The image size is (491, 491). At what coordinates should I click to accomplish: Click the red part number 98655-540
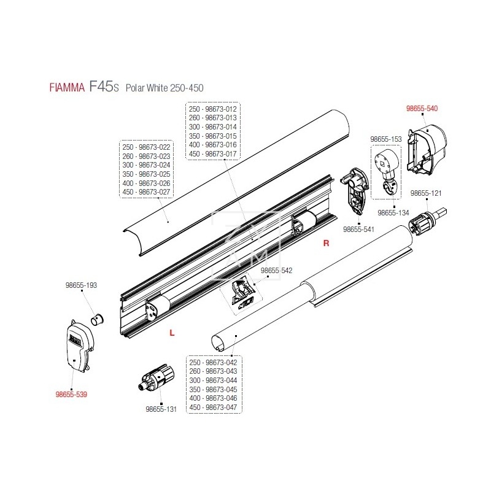click(x=422, y=108)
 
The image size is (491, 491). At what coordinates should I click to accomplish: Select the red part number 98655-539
click(x=71, y=394)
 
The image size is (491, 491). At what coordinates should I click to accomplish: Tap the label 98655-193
click(x=82, y=285)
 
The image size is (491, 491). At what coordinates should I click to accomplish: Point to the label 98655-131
click(x=161, y=409)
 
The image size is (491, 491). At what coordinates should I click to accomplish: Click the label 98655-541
click(x=359, y=230)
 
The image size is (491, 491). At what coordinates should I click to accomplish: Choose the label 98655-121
click(x=427, y=193)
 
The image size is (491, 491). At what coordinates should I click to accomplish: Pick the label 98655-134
click(x=393, y=212)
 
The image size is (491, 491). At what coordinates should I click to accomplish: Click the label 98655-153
click(x=386, y=139)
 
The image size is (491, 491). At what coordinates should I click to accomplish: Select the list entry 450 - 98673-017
click(x=213, y=153)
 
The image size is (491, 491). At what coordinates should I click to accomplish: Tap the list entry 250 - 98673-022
click(x=147, y=147)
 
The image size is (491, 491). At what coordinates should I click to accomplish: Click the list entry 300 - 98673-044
click(x=213, y=380)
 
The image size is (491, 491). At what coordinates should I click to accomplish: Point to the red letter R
click(x=327, y=244)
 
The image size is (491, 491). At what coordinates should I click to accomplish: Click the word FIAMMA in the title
click(x=66, y=87)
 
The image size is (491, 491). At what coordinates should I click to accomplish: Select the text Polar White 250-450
click(x=164, y=88)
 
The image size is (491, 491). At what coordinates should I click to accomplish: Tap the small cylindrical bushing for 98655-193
click(x=97, y=319)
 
